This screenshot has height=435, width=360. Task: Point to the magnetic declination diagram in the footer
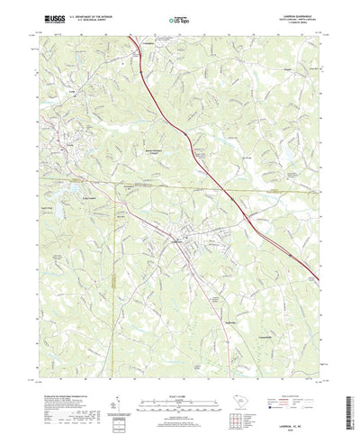pyautogui.click(x=119, y=383)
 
